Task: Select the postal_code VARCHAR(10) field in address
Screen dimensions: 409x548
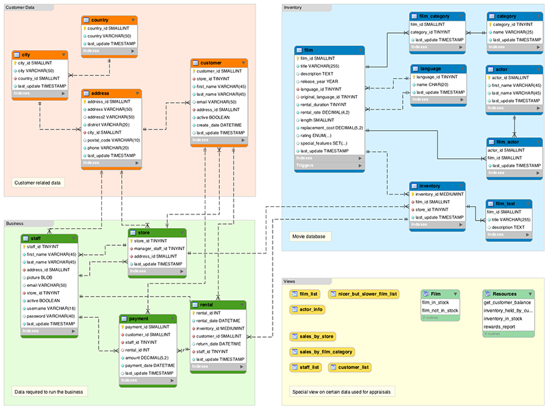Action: pos(113,140)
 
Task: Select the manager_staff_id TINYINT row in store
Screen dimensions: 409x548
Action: pos(158,248)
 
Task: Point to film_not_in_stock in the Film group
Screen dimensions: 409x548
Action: pos(440,310)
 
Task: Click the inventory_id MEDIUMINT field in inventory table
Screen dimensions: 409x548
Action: pos(442,194)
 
